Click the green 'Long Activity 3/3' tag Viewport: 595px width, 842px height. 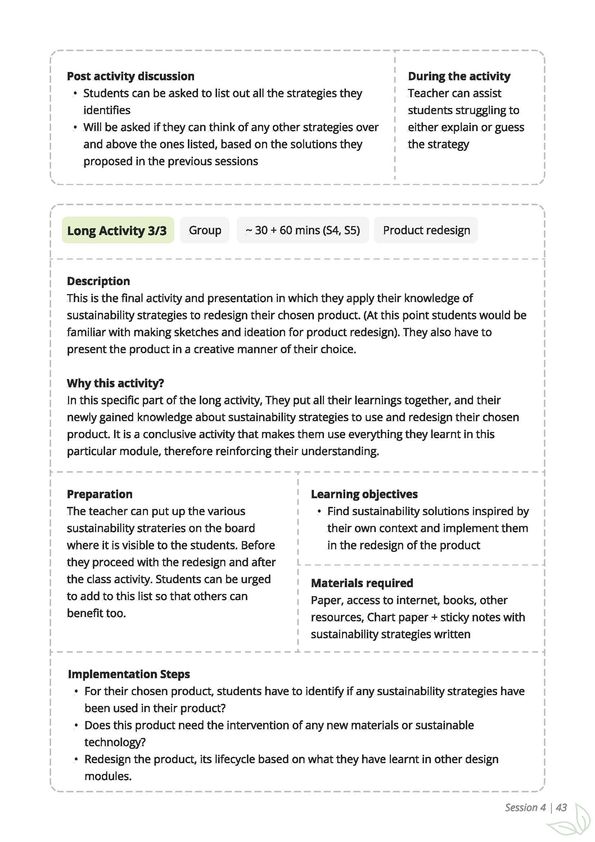(x=117, y=230)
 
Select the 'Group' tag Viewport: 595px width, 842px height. (x=205, y=230)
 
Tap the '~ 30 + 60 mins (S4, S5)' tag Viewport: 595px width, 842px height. (x=303, y=230)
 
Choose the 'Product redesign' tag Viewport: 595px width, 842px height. (x=426, y=230)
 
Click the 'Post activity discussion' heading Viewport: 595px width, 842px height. (x=131, y=76)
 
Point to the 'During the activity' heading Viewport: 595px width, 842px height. (x=459, y=76)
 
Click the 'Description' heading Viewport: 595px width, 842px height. (x=98, y=281)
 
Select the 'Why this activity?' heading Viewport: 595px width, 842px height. (x=115, y=383)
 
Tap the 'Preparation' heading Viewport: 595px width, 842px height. (x=100, y=494)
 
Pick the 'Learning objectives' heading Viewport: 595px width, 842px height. (x=364, y=494)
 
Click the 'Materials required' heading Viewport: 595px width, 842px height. (x=362, y=583)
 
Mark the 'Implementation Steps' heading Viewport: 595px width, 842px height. (x=129, y=674)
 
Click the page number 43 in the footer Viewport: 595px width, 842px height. (x=562, y=807)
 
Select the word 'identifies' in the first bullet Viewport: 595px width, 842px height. (x=107, y=110)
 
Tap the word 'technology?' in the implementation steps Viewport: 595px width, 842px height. (x=115, y=742)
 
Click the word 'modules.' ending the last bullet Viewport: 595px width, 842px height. (x=108, y=776)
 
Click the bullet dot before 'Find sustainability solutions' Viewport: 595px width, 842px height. (x=319, y=512)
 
